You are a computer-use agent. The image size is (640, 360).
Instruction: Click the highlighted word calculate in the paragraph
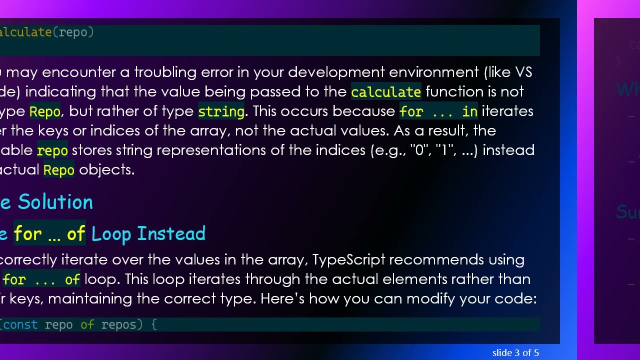point(385,92)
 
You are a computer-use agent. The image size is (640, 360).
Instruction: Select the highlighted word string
point(221,111)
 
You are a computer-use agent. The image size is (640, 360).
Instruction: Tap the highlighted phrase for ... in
point(438,111)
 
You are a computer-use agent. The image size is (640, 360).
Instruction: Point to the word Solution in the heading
point(55,202)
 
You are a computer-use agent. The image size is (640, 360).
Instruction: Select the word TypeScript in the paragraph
point(349,260)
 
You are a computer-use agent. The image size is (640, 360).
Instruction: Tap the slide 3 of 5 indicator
point(515,353)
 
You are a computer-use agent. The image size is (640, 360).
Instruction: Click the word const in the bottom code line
point(20,325)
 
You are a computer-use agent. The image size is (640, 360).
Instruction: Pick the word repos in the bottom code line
point(118,325)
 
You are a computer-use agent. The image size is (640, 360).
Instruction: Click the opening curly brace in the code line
point(154,325)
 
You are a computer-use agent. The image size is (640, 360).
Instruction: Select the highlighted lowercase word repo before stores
point(52,150)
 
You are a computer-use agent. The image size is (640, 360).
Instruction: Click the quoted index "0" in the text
point(417,150)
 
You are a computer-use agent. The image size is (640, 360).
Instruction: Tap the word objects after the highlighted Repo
point(106,170)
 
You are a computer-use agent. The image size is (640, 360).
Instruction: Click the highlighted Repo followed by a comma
point(45,111)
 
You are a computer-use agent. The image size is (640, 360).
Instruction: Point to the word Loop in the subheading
point(111,233)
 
